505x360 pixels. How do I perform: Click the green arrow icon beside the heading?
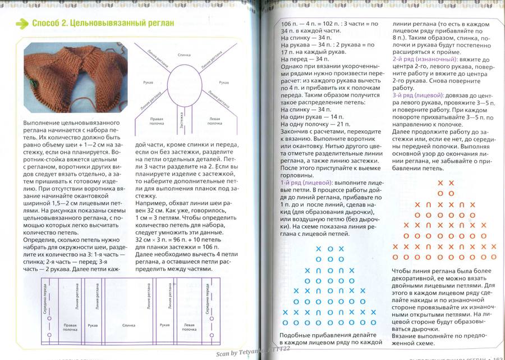[x=22, y=24]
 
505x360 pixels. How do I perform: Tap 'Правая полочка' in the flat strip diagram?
[x=70, y=327]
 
